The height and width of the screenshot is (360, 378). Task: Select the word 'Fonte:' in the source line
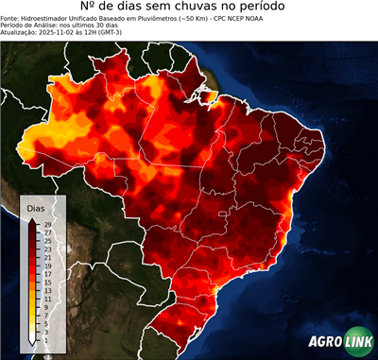coord(12,21)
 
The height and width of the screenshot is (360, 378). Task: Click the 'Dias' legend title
coord(36,207)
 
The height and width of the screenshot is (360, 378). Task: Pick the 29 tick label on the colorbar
coord(46,224)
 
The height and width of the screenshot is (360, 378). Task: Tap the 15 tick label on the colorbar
coord(46,282)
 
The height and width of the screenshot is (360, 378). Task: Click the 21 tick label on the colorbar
coord(46,257)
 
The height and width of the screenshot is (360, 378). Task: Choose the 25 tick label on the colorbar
coord(46,240)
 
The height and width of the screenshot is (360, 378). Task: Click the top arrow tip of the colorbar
coord(33,218)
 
